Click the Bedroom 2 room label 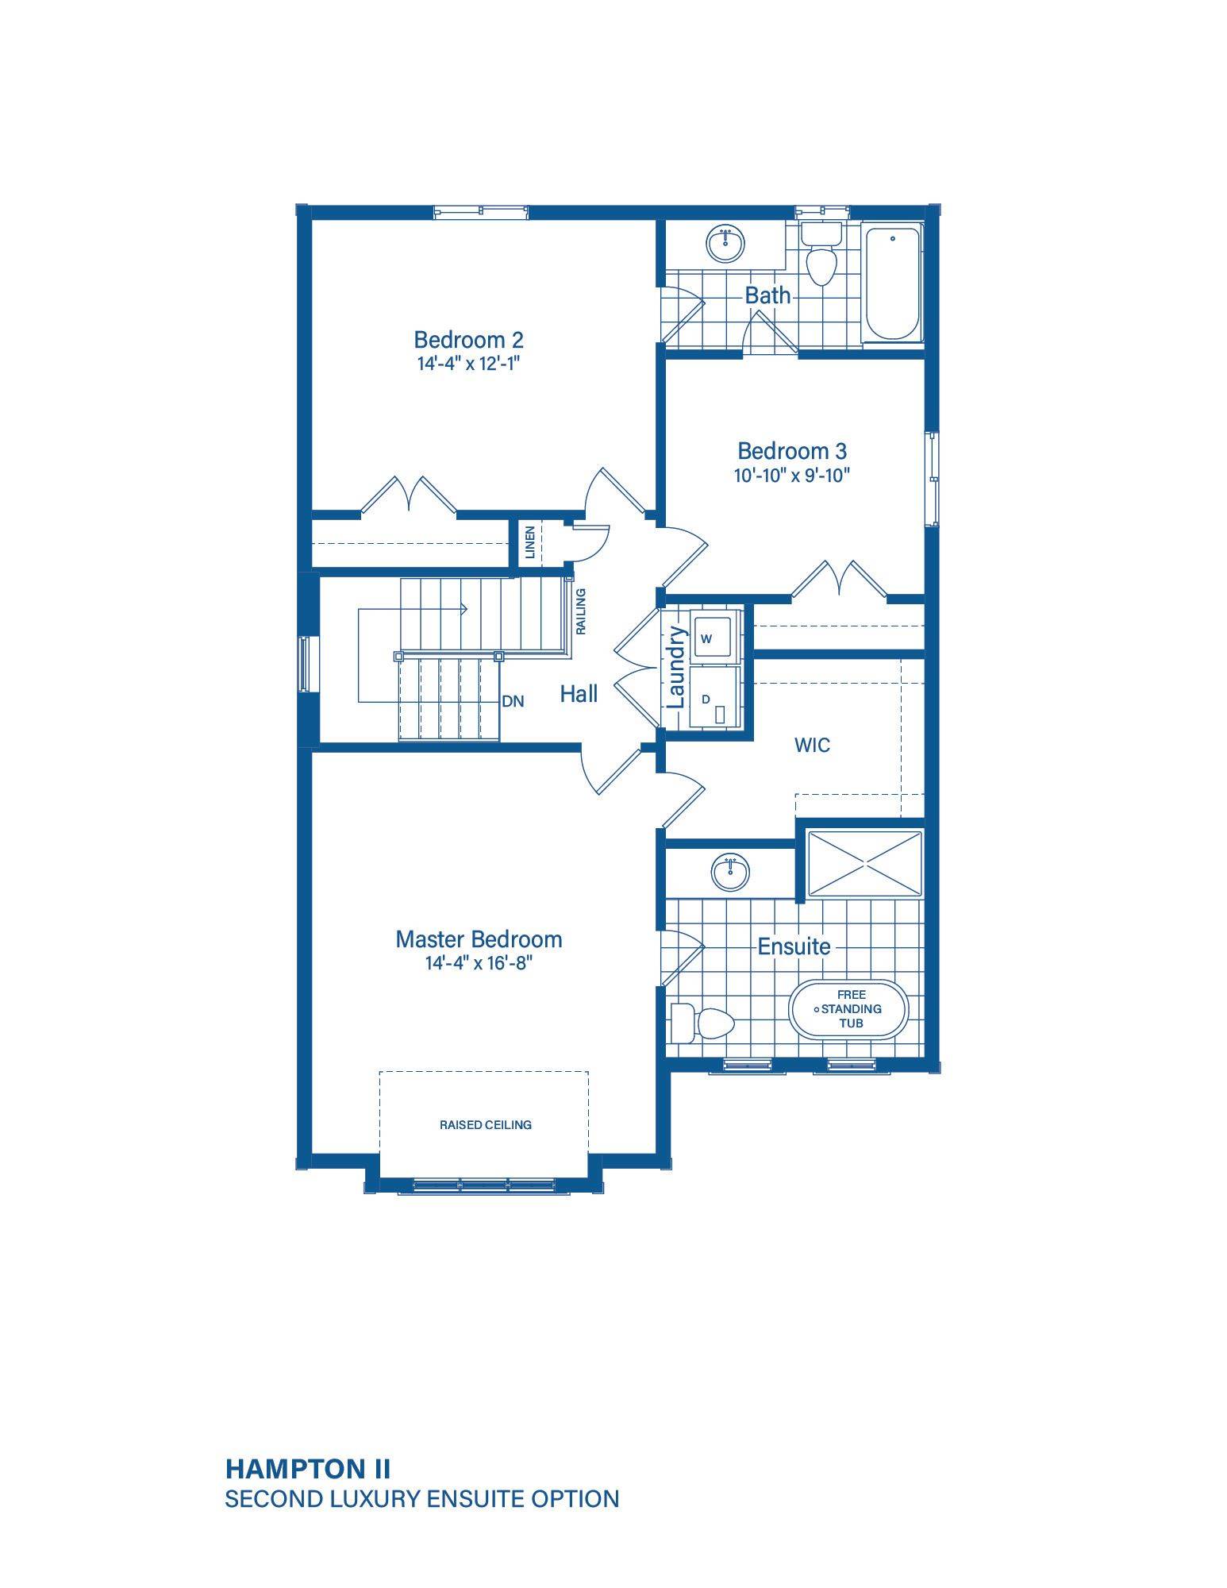click(468, 340)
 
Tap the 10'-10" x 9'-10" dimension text click(792, 476)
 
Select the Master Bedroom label click(479, 939)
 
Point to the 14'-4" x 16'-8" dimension click(478, 963)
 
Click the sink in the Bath click(725, 244)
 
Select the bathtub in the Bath click(893, 283)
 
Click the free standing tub click(848, 1009)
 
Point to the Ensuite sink click(729, 874)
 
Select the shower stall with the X click(864, 864)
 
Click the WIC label click(812, 745)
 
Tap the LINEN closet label click(530, 542)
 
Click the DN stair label click(513, 702)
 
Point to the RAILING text click(581, 611)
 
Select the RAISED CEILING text click(486, 1125)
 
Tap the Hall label click(579, 694)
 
